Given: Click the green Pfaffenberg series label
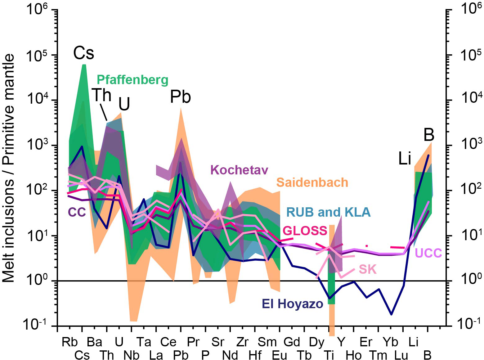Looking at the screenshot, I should [x=132, y=80].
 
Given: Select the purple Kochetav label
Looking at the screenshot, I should [x=239, y=170].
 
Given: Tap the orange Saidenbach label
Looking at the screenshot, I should [x=312, y=182].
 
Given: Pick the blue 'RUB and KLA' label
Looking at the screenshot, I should [x=328, y=212].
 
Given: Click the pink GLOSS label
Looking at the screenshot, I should [x=305, y=231].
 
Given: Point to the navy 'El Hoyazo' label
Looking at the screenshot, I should [x=292, y=304].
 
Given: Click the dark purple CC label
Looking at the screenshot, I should [x=77, y=212].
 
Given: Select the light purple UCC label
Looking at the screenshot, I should [x=428, y=253].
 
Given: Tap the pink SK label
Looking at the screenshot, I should [x=367, y=269].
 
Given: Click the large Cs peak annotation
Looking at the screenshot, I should [x=83, y=53].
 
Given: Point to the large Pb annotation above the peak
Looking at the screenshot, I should [x=180, y=97].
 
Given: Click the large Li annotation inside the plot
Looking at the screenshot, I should [x=405, y=159].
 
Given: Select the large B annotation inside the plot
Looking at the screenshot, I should [x=429, y=135].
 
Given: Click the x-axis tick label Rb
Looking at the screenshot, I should [x=69, y=342].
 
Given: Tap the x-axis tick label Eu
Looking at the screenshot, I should [x=280, y=355].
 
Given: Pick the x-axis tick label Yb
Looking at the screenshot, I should [x=390, y=342].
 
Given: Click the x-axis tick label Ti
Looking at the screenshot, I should [x=329, y=355].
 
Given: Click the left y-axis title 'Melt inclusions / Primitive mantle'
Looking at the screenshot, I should [x=9, y=168].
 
